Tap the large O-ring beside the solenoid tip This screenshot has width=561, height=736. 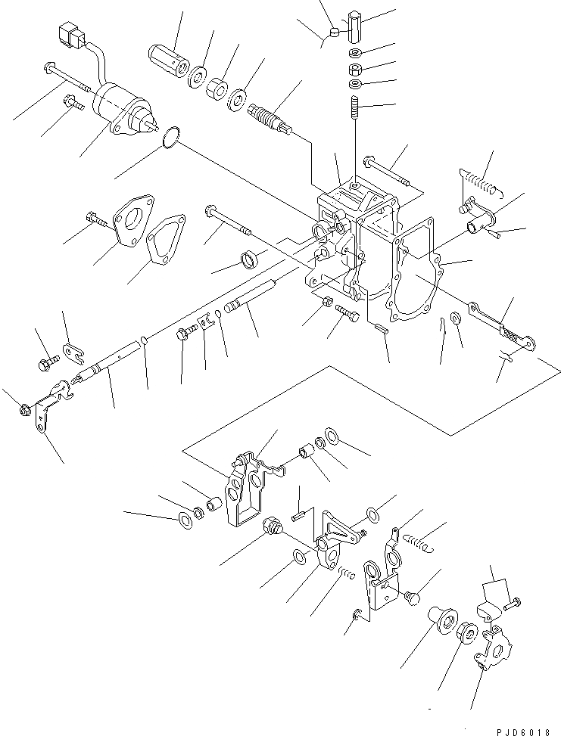click(x=172, y=138)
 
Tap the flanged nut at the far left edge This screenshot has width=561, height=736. click(x=23, y=411)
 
